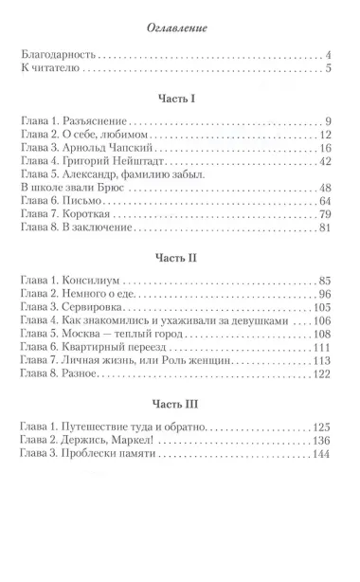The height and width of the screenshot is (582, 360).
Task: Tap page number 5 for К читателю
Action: click(x=328, y=70)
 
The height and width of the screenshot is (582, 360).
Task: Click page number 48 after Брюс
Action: click(x=324, y=187)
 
